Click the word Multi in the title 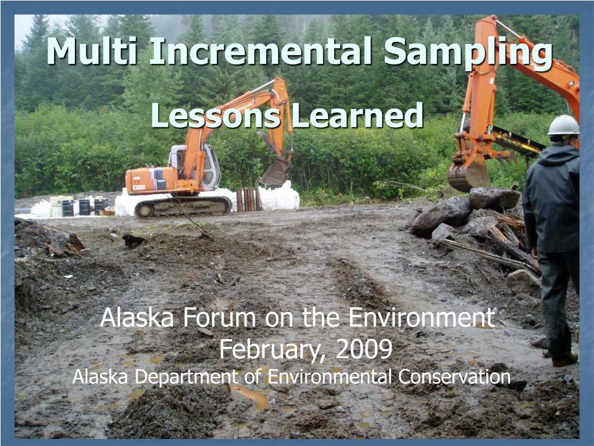point(92,51)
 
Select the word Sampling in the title point(468,53)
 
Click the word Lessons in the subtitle point(216,115)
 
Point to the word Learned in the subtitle point(357,115)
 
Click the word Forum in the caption point(220,317)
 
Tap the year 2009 point(364,348)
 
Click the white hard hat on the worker point(563,125)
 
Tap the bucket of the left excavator point(275,172)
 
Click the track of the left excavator point(183,206)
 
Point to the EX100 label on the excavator point(139,188)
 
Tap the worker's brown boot point(564,360)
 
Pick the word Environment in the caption point(421,317)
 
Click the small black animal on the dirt point(133,241)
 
